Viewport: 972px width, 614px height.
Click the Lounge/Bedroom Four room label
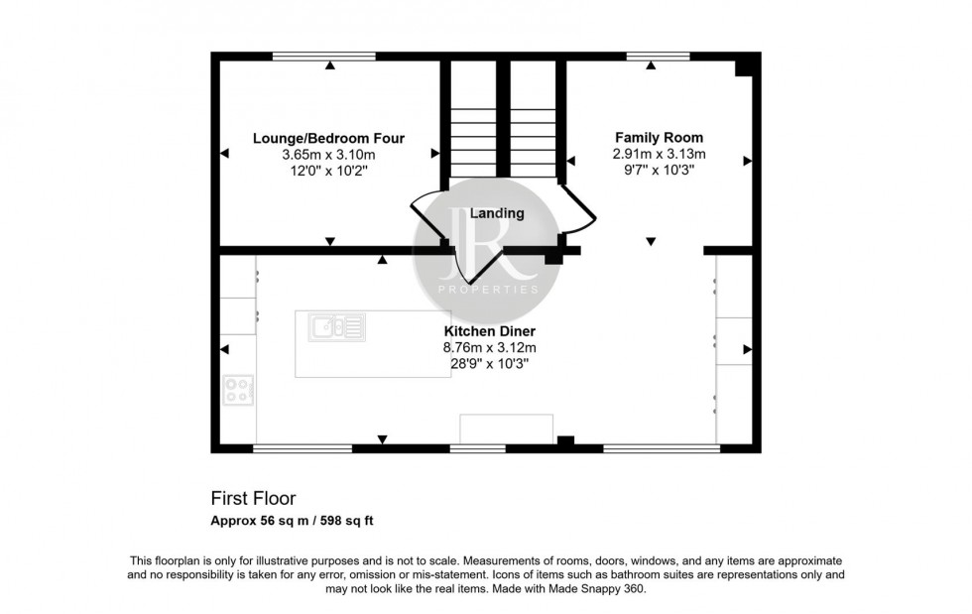328,138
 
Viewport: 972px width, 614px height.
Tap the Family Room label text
659,138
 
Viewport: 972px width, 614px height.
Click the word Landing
497,213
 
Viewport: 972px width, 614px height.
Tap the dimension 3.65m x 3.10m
328,155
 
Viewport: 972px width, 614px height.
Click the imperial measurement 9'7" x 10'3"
659,170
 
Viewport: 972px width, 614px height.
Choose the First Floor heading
253,499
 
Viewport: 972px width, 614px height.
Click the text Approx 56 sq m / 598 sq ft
291,521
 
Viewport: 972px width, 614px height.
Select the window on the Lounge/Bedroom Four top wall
324,57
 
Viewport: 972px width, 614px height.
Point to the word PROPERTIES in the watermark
487,290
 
